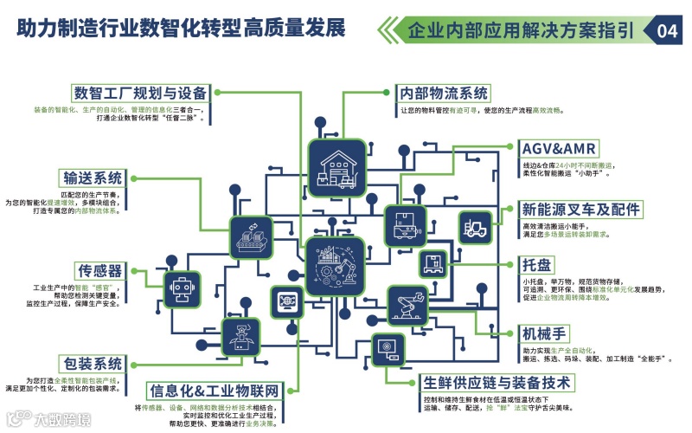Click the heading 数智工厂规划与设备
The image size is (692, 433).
[x=140, y=93]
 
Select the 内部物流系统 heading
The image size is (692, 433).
[x=444, y=93]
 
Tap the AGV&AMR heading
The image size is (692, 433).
[x=560, y=147]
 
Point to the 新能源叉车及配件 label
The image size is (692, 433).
[x=580, y=210]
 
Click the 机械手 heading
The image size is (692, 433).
[x=544, y=333]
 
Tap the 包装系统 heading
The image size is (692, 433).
[x=91, y=363]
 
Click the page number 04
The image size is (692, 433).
[x=667, y=31]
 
